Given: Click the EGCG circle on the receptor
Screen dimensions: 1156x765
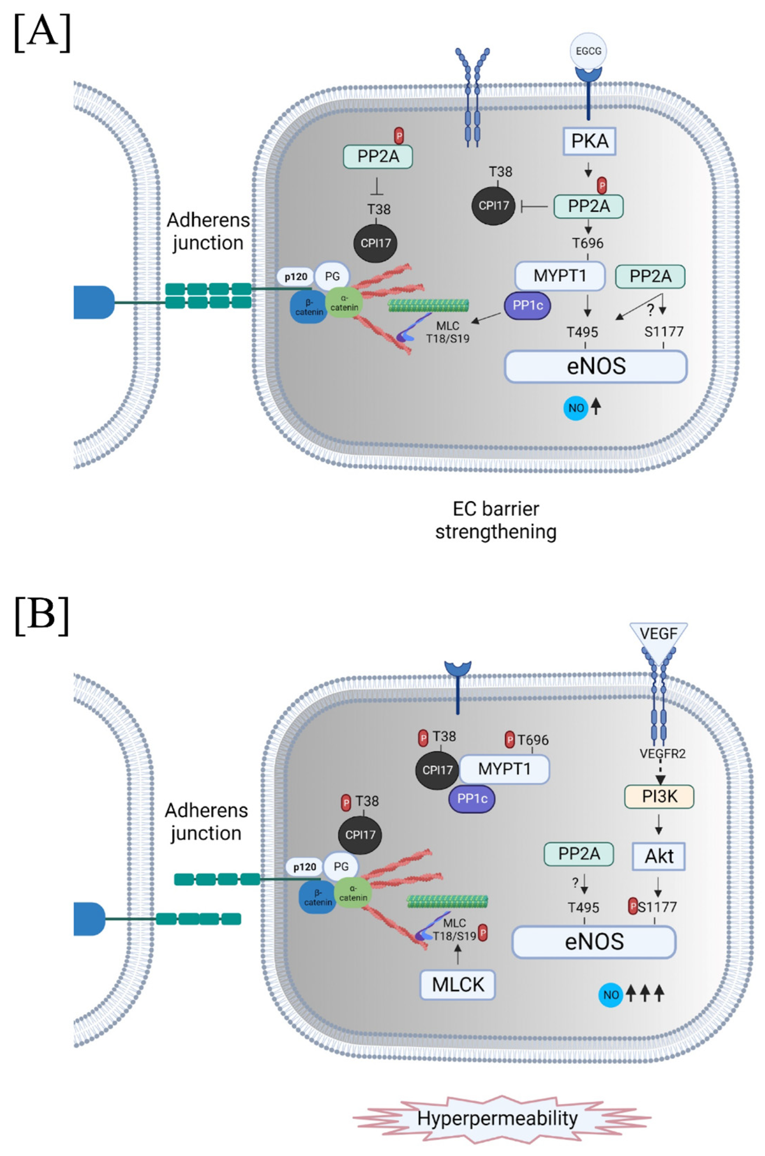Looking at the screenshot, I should coord(588,51).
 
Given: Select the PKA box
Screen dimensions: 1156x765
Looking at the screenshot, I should coord(589,141).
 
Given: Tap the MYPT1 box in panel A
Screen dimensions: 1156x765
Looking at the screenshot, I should coord(560,276).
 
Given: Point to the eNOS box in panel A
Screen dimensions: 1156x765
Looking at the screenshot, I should coord(596,366).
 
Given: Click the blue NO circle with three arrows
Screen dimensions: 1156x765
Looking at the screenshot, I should coord(611,995).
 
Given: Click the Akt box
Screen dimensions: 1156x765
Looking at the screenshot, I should coord(659,856).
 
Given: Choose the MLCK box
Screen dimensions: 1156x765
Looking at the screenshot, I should coord(458,985).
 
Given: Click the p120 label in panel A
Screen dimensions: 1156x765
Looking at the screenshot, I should coord(296,277).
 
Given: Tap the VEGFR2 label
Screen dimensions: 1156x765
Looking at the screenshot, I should coord(662,754).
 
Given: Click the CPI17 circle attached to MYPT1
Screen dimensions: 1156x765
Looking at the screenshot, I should coord(437,770).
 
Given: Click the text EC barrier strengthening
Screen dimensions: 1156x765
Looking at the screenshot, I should coord(496,520).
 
